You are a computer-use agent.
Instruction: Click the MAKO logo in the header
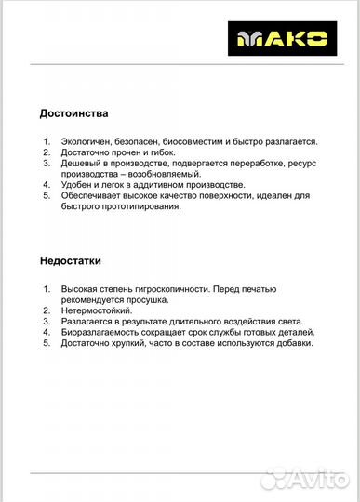(292, 38)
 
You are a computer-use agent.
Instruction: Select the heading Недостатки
(71, 261)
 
